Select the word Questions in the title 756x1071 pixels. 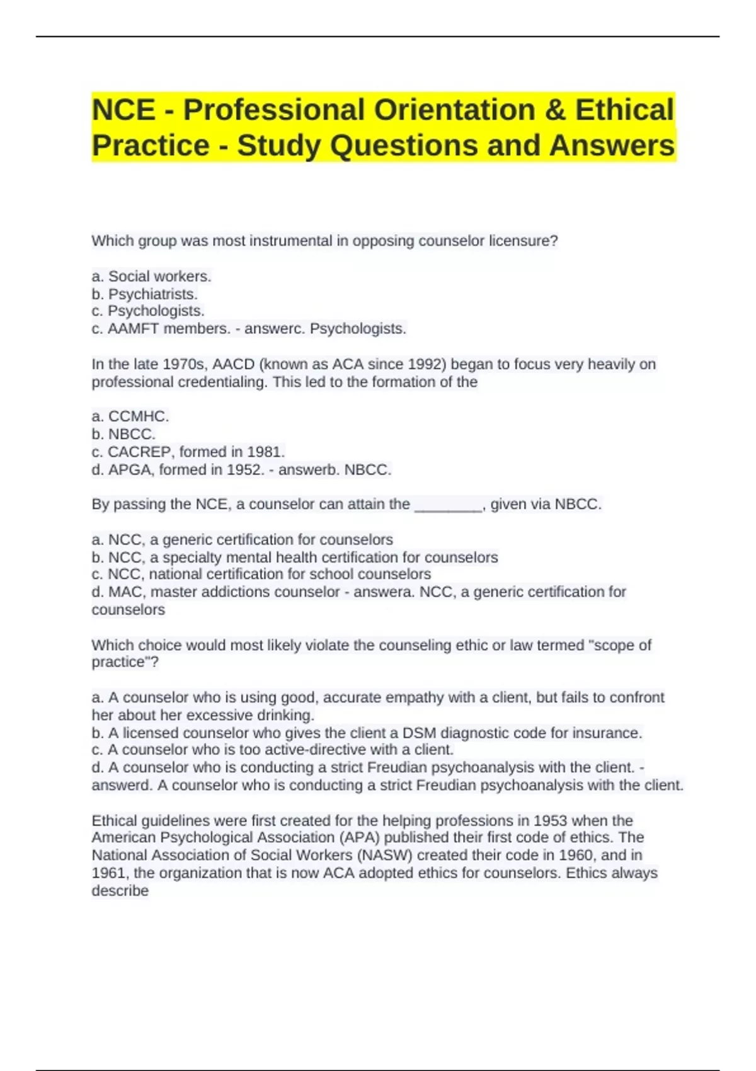pos(404,146)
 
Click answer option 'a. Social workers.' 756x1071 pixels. pos(151,277)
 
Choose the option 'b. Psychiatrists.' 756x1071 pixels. pos(144,294)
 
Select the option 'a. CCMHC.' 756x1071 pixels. pos(130,416)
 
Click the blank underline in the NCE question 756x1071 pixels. pos(448,505)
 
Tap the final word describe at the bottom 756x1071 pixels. pos(120,891)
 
